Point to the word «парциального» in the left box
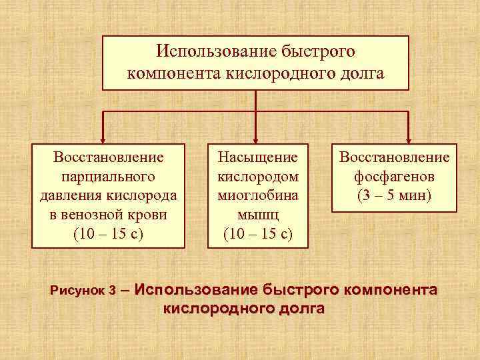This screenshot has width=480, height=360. [107, 177]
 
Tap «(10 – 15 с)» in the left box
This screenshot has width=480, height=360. [107, 234]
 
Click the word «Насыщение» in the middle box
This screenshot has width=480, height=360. [258, 158]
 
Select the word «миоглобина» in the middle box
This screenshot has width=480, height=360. [258, 196]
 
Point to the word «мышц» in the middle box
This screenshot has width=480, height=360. [258, 215]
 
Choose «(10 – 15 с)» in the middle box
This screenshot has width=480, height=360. [258, 234]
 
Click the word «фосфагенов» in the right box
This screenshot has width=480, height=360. [394, 177]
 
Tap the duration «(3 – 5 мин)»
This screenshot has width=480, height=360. [394, 196]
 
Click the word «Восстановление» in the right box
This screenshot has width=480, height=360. [394, 158]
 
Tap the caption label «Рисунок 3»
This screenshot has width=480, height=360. [83, 291]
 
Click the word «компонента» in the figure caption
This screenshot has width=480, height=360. [393, 290]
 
